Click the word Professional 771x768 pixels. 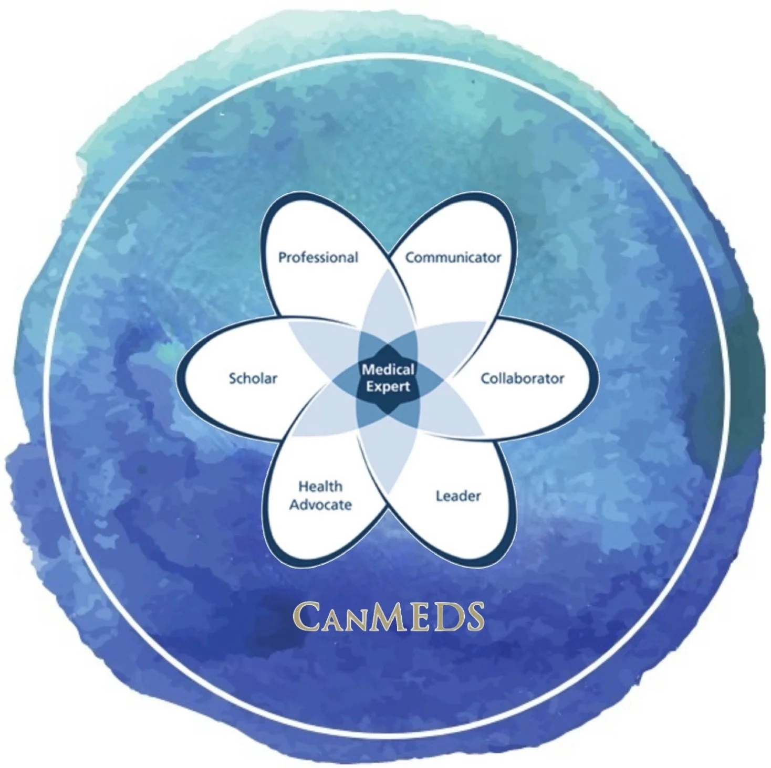click(x=318, y=258)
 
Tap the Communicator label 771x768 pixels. click(x=453, y=258)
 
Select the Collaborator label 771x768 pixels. click(x=522, y=378)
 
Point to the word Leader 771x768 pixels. click(x=458, y=496)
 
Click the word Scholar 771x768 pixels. click(x=253, y=378)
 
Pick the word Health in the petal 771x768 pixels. click(x=320, y=487)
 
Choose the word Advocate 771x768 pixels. click(x=320, y=505)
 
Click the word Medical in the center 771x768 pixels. click(x=388, y=370)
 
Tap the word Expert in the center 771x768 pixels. click(x=388, y=387)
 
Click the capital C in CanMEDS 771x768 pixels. click(x=305, y=617)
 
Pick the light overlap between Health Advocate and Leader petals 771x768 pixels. click(x=388, y=462)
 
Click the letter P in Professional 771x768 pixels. click(x=283, y=258)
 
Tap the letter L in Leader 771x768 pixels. click(x=439, y=496)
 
